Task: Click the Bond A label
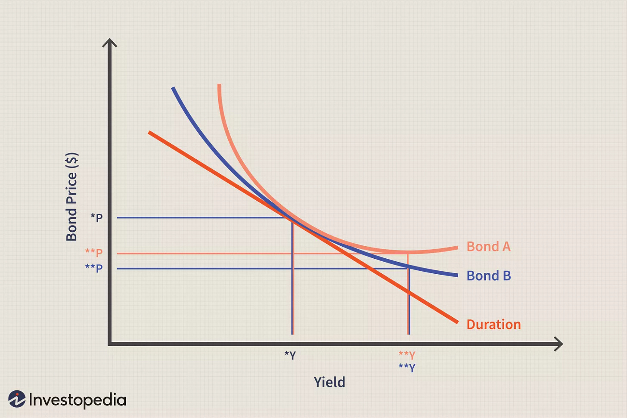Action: (x=488, y=247)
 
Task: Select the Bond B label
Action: (x=489, y=276)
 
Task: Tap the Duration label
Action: (x=494, y=324)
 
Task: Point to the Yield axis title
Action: (x=329, y=382)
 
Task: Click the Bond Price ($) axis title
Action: (x=72, y=197)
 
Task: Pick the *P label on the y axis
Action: (x=96, y=217)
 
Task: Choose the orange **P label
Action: (x=94, y=252)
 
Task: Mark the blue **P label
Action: (x=94, y=268)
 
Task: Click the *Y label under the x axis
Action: (x=290, y=356)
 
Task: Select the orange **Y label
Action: (x=407, y=355)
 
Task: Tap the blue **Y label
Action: (x=407, y=368)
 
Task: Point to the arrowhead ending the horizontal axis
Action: (x=559, y=344)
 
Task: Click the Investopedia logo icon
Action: (x=17, y=399)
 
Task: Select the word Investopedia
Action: (x=78, y=400)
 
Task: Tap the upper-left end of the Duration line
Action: (x=149, y=133)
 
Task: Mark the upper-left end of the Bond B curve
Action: (x=173, y=88)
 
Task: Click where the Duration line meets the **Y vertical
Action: (x=409, y=292)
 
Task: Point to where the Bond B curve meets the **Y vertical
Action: (x=409, y=267)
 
